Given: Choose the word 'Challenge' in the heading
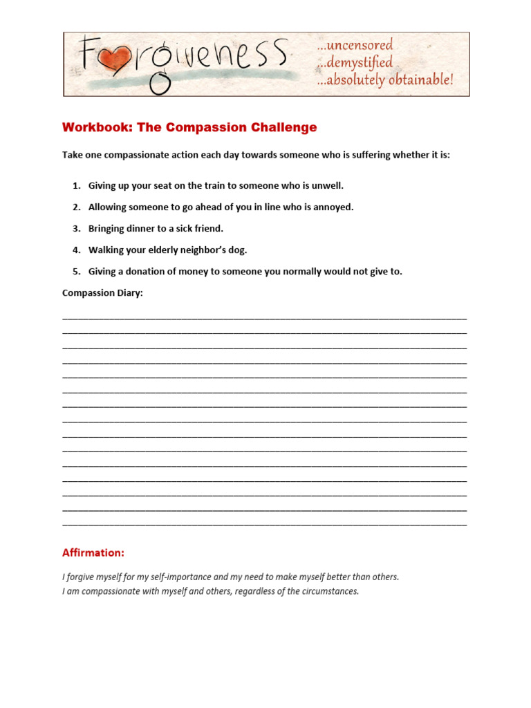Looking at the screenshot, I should coord(284,127).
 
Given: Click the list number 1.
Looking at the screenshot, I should coord(76,186).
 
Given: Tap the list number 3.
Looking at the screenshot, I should coord(76,229).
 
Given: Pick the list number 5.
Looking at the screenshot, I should coord(76,272).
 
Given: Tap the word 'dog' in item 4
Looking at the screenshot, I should coord(237,250).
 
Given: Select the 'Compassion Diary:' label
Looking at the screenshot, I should coord(102,293).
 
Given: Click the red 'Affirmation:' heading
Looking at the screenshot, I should coord(93,553).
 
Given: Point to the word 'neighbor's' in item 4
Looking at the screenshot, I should coord(197,250).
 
